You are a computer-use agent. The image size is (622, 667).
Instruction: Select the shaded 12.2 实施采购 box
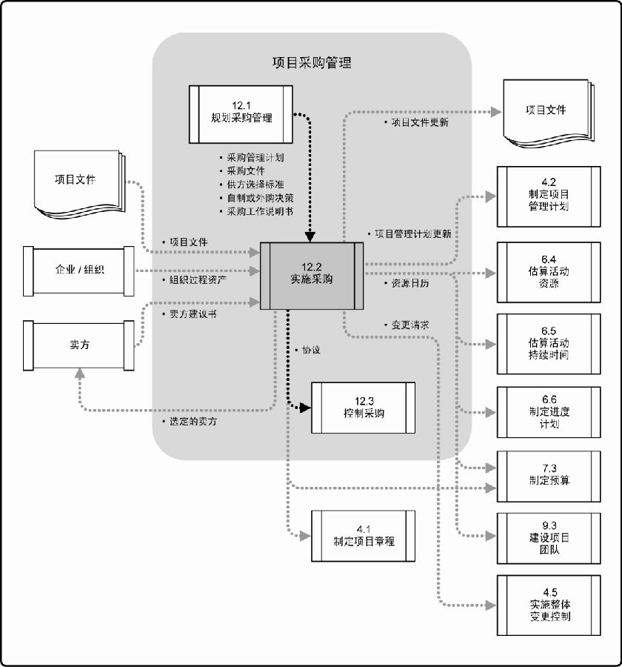[x=312, y=274]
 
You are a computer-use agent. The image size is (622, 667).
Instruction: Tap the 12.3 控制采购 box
[x=364, y=407]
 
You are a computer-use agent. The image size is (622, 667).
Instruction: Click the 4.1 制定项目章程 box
[x=364, y=535]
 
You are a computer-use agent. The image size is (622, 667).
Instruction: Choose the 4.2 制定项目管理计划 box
[x=544, y=196]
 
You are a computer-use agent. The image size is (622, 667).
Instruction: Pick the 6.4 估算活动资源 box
[x=544, y=271]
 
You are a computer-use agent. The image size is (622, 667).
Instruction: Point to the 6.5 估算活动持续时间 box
[x=544, y=343]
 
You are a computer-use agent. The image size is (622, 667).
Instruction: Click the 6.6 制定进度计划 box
[x=544, y=417]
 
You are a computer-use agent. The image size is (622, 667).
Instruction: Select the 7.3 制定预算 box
[x=544, y=474]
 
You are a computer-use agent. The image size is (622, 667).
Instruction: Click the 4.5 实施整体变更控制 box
[x=544, y=604]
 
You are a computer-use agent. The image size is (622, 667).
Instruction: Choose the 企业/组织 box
[x=79, y=270]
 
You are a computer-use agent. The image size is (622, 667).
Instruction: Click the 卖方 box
[x=79, y=345]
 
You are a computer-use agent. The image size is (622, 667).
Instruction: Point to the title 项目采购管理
[x=312, y=63]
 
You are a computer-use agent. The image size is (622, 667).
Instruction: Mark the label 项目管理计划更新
[x=412, y=233]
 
